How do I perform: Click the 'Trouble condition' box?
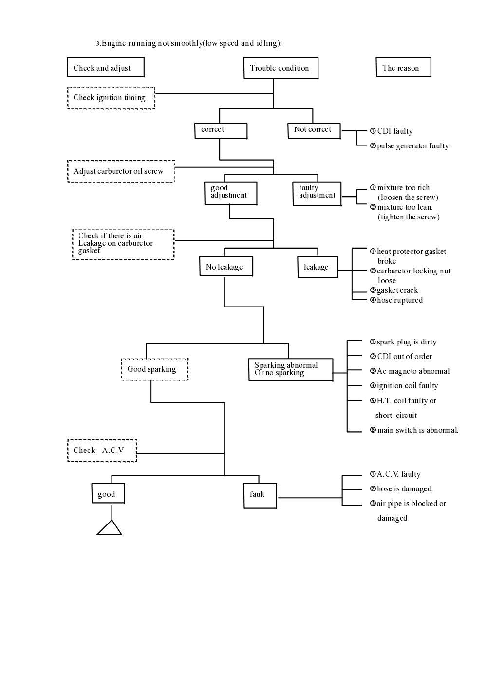(x=281, y=68)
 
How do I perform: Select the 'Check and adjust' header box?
(x=106, y=68)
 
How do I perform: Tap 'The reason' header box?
(x=403, y=68)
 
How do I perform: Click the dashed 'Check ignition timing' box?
(x=111, y=98)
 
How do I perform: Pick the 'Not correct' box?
(x=314, y=130)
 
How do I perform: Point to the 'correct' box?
(x=221, y=130)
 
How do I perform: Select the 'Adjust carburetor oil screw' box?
(x=121, y=171)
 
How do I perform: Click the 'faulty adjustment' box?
(x=317, y=193)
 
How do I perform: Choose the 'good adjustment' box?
(x=230, y=193)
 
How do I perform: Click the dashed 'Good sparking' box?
(x=154, y=369)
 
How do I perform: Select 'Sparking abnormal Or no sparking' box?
(x=291, y=369)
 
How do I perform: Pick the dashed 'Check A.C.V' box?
(x=102, y=451)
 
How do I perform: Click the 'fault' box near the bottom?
(x=260, y=495)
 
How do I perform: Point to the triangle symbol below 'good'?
(x=110, y=529)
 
